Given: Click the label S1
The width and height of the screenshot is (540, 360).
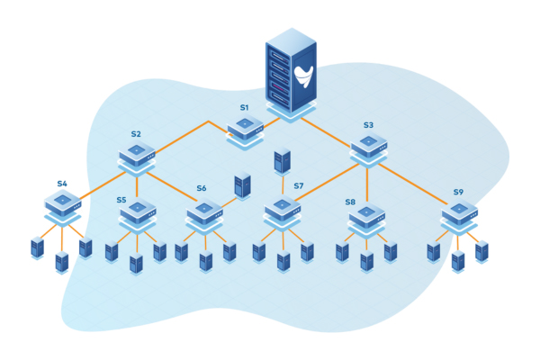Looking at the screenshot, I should coord(244,107).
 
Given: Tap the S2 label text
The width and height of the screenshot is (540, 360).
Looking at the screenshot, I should coord(136,133).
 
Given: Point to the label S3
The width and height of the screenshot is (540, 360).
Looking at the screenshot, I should coord(368,125).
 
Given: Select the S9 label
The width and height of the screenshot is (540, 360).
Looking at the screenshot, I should coord(458,192).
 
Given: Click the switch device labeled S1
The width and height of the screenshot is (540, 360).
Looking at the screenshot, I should coord(245,129).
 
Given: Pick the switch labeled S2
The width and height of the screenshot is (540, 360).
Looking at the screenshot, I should coord(137,153).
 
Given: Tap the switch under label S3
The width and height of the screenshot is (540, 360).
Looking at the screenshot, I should coord(368,146).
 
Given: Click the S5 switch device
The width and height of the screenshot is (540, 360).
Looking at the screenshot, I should coord(137,212).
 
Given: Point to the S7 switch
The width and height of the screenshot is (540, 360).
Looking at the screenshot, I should coord(282,209).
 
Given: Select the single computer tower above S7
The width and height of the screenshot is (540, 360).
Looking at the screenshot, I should coord(283,161).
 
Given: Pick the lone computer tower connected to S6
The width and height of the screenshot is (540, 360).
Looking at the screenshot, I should coord(242,185).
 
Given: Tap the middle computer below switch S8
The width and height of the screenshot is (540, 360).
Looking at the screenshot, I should coord(366,262).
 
